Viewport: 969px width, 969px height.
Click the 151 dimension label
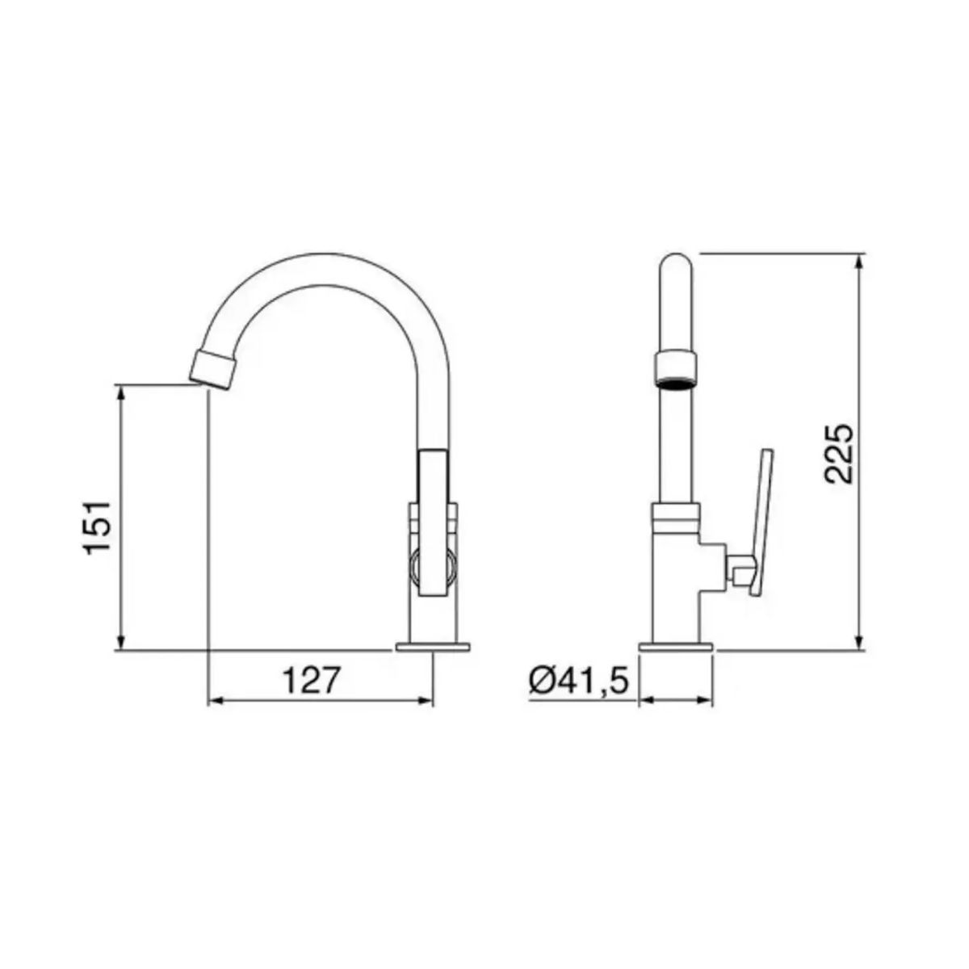pos(98,527)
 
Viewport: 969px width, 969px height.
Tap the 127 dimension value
pos(312,682)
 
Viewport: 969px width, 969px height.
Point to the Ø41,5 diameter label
pos(579,682)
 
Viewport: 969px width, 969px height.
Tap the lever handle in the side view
pos(760,522)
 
